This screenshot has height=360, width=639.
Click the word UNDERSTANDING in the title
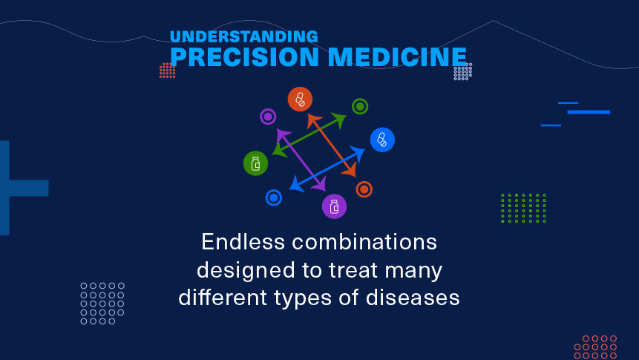pos(243,36)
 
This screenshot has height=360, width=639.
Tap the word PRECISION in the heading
pos(244,56)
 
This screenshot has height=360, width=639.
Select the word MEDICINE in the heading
pos(397,56)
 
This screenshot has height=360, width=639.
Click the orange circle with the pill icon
pos(300,99)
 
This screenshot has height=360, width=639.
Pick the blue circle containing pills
pos(382,140)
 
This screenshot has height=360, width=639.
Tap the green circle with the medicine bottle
pos(255,163)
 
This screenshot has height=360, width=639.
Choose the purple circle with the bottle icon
pos(334,206)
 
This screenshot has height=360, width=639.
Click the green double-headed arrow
pos(309,134)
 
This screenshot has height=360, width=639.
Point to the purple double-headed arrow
pos(301,160)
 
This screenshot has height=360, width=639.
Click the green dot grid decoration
pos(523,209)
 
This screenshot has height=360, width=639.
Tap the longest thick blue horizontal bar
pos(589,112)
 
